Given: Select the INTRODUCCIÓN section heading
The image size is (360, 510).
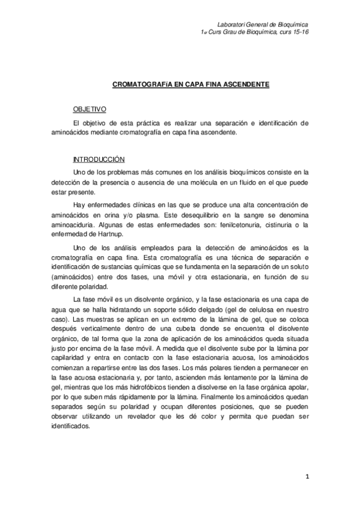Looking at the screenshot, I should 98,159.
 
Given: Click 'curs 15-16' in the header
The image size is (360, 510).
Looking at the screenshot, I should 293,32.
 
